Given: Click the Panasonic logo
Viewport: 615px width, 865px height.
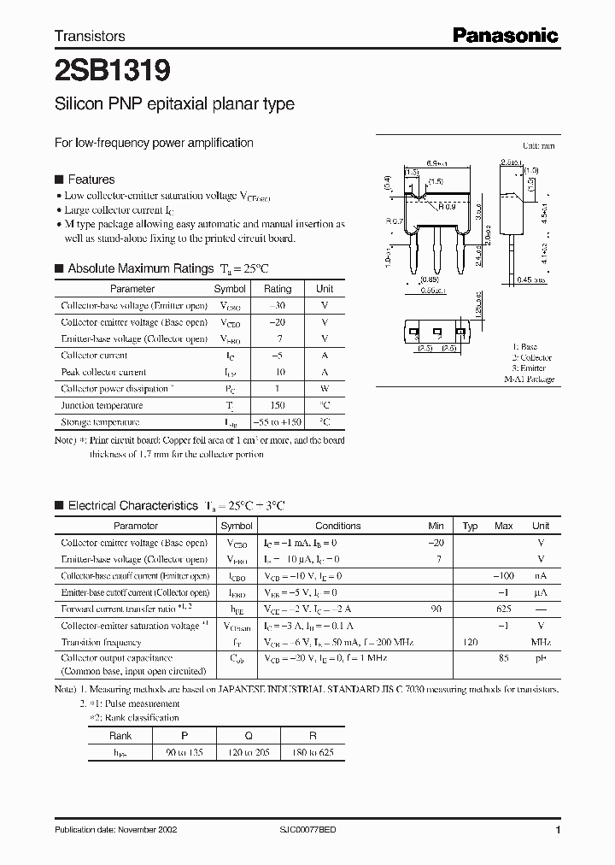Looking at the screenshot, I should coord(504,35).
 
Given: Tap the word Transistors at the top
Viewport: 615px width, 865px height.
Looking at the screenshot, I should coord(90,36).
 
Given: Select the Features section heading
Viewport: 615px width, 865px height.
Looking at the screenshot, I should coord(91,179).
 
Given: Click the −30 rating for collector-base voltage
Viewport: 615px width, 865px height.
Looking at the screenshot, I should coord(277,306).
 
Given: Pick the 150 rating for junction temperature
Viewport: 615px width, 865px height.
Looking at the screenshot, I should coord(277,405).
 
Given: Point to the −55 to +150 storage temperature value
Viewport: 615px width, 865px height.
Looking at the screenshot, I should coord(277,422).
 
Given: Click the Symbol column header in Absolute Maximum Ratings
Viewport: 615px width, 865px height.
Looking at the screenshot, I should coord(230,289).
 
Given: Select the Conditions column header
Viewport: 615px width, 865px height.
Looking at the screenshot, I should coord(338,526).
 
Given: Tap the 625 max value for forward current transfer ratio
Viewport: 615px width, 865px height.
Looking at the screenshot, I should coord(503,609).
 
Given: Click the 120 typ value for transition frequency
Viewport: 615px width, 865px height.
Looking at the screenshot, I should coord(469,642).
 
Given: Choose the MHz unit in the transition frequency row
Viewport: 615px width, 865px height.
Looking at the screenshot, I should coord(540,642).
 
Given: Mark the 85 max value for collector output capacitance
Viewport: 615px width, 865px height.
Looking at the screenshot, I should coord(503,659).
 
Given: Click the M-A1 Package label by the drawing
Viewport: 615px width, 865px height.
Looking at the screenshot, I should coord(529,379).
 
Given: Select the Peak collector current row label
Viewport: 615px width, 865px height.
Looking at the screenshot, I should coord(103,373).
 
